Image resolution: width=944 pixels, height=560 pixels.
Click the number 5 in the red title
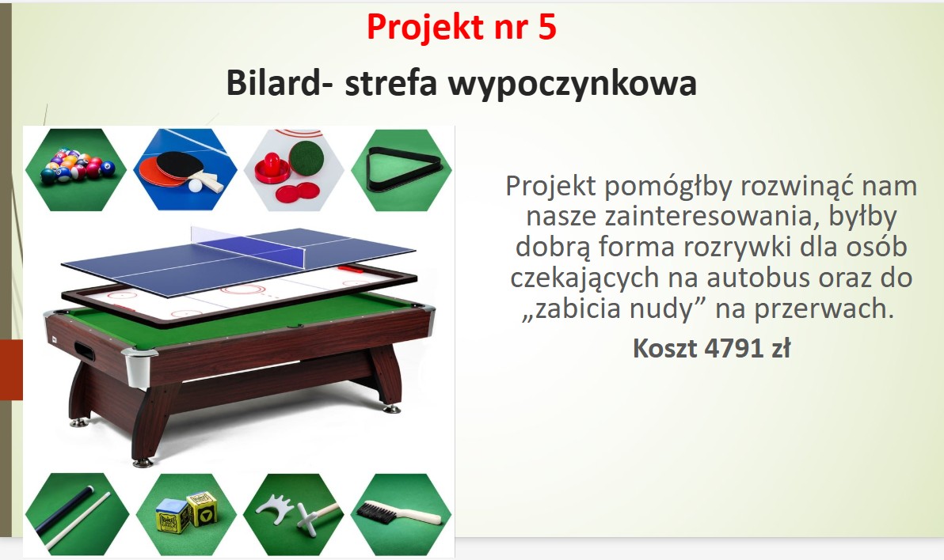coord(546,27)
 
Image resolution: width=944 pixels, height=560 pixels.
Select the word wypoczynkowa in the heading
coord(572,84)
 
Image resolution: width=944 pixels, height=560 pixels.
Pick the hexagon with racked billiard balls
coord(76,169)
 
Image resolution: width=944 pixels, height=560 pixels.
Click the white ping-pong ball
coord(195,186)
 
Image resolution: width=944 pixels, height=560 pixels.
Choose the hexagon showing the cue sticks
coord(77,514)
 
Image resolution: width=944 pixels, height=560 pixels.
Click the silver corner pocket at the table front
coord(137,365)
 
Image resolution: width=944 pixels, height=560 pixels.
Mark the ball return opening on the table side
coord(83,350)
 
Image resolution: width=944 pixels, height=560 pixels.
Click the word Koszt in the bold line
coord(664,348)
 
